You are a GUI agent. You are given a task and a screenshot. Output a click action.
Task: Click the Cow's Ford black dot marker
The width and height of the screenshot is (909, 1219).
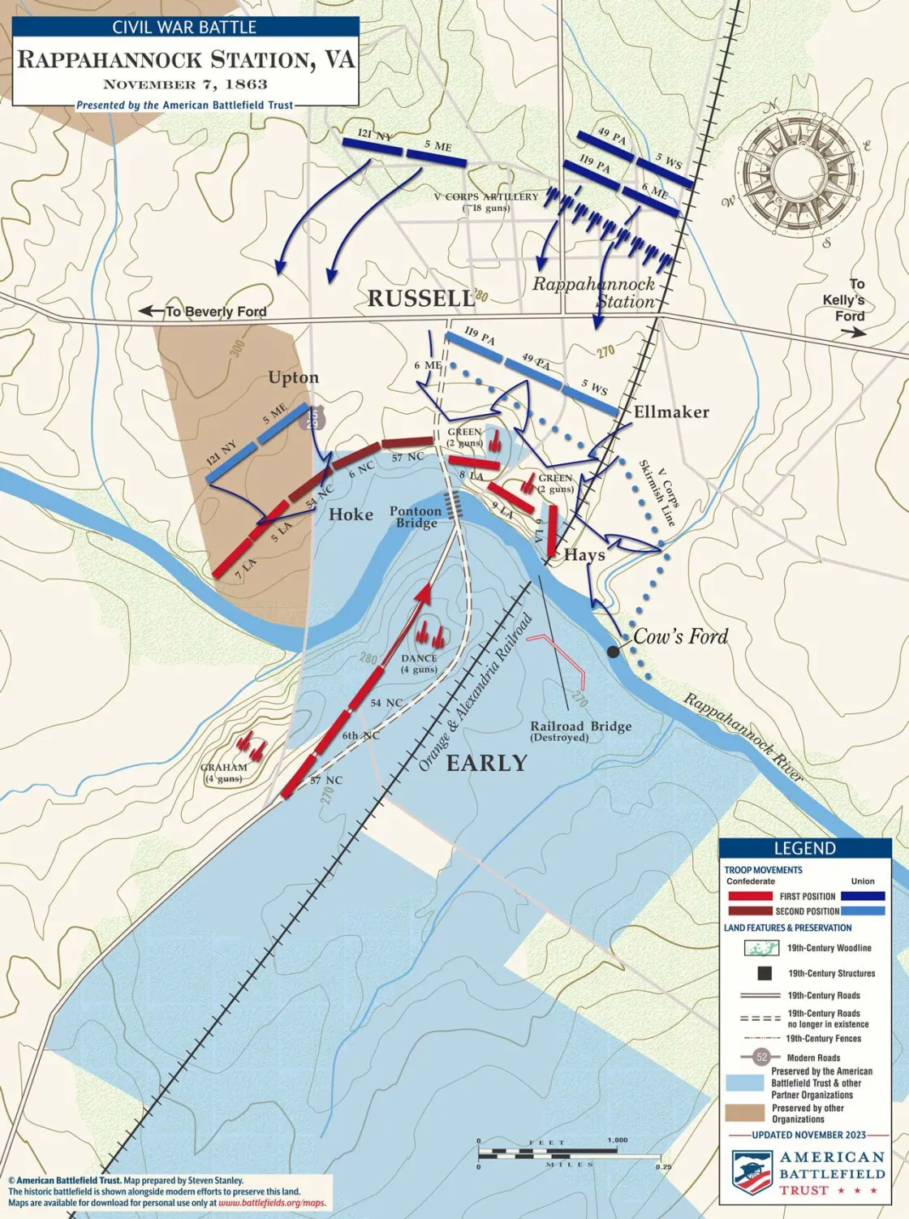point(614,651)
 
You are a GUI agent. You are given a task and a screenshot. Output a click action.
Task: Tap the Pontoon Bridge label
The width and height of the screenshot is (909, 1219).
point(416,517)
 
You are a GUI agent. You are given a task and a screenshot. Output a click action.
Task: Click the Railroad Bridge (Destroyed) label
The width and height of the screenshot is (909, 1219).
point(580,731)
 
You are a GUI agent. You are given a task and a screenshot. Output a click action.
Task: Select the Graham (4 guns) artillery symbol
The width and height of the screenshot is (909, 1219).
point(252,746)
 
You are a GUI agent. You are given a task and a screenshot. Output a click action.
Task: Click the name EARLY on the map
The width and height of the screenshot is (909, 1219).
point(486,763)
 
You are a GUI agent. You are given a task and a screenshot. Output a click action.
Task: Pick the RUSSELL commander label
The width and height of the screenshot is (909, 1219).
point(420,299)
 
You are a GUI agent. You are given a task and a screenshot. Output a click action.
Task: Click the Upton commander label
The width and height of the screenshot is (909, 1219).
point(293,377)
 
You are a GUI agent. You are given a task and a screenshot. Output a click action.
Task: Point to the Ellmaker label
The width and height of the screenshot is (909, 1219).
point(671,412)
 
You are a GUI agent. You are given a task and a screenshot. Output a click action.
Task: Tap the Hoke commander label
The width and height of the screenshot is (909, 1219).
point(351,515)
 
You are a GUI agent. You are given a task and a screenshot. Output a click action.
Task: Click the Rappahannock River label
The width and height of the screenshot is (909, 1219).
point(743,737)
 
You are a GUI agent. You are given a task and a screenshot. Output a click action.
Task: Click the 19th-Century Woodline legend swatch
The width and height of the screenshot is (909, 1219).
point(762,948)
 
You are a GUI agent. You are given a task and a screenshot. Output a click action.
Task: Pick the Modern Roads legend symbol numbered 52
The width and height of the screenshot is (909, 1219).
point(761,1057)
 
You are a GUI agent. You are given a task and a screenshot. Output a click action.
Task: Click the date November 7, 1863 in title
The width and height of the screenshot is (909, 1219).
point(185,84)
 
